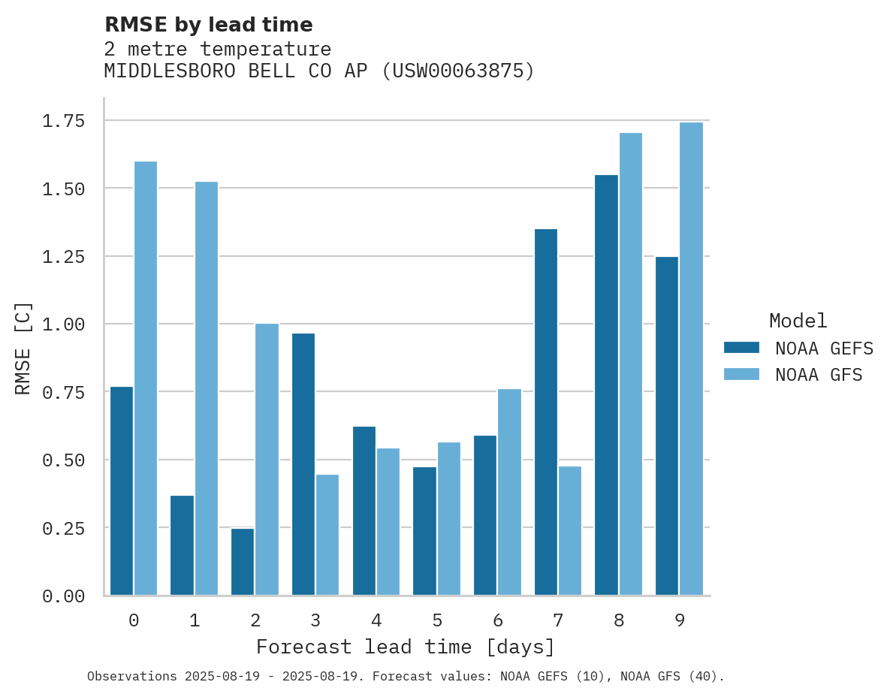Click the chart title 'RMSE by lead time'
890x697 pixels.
click(208, 25)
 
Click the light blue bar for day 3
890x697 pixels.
click(327, 535)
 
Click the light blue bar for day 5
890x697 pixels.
click(449, 518)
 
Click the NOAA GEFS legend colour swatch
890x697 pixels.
click(741, 348)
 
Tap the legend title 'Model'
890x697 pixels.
click(798, 321)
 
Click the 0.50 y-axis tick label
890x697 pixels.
click(63, 460)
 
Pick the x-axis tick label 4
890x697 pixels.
click(376, 620)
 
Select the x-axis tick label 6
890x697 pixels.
click(497, 620)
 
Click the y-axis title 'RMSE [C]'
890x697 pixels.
click(23, 348)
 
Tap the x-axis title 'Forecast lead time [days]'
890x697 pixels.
click(406, 647)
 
